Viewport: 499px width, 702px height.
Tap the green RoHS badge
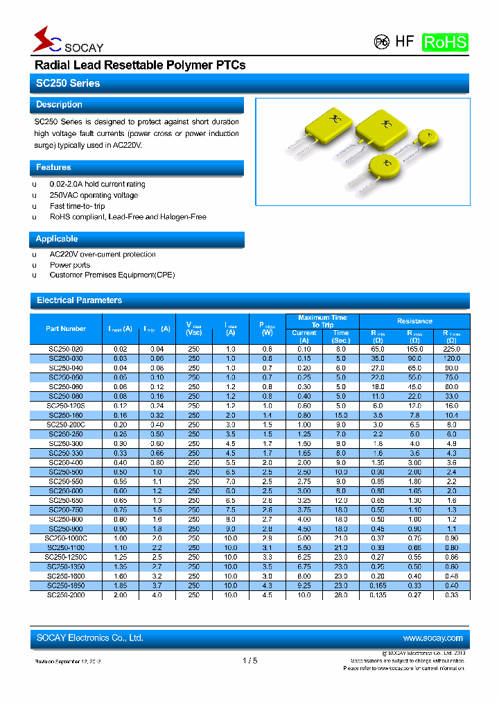pos(445,42)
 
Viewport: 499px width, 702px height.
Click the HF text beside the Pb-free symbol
pos(404,42)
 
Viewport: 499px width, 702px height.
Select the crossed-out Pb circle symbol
pos(381,42)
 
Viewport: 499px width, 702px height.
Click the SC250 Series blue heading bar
pos(249,83)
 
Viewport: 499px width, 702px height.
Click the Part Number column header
pos(66,329)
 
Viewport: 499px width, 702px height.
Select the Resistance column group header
pos(414,321)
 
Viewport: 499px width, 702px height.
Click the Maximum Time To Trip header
pos(322,321)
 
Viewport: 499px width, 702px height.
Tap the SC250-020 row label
pos(66,349)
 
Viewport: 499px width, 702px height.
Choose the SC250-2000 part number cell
pos(66,595)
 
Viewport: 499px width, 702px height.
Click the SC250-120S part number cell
pos(66,406)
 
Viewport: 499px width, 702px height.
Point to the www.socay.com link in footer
pos(432,638)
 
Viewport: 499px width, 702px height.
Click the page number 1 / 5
pos(249,661)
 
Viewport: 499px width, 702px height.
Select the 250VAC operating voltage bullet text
pos(94,196)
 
